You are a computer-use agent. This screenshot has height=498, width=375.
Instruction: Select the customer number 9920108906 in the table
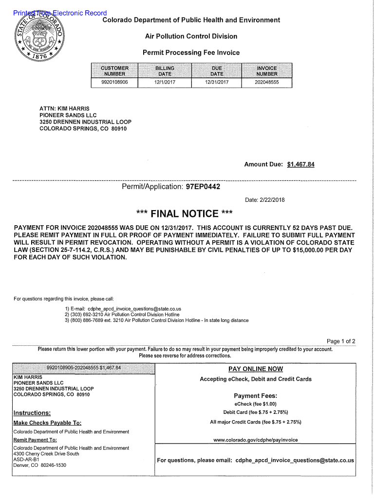tap(114, 83)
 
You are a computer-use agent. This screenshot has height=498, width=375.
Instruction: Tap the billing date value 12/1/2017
tap(165, 83)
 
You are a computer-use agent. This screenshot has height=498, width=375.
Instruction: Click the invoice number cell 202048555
tap(266, 83)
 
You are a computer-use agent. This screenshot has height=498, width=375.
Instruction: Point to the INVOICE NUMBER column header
tap(266, 71)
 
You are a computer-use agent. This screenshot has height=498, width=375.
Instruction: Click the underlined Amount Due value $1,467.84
tap(300, 164)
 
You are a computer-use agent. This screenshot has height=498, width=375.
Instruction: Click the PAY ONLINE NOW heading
tap(256, 369)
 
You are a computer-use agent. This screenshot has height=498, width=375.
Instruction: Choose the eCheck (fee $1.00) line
tap(255, 404)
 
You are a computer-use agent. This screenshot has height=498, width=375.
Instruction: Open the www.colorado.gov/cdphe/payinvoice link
tap(256, 440)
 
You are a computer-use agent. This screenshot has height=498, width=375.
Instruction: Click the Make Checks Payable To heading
tap(47, 423)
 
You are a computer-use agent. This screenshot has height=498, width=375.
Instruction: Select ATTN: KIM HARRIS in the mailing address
tap(64, 108)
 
